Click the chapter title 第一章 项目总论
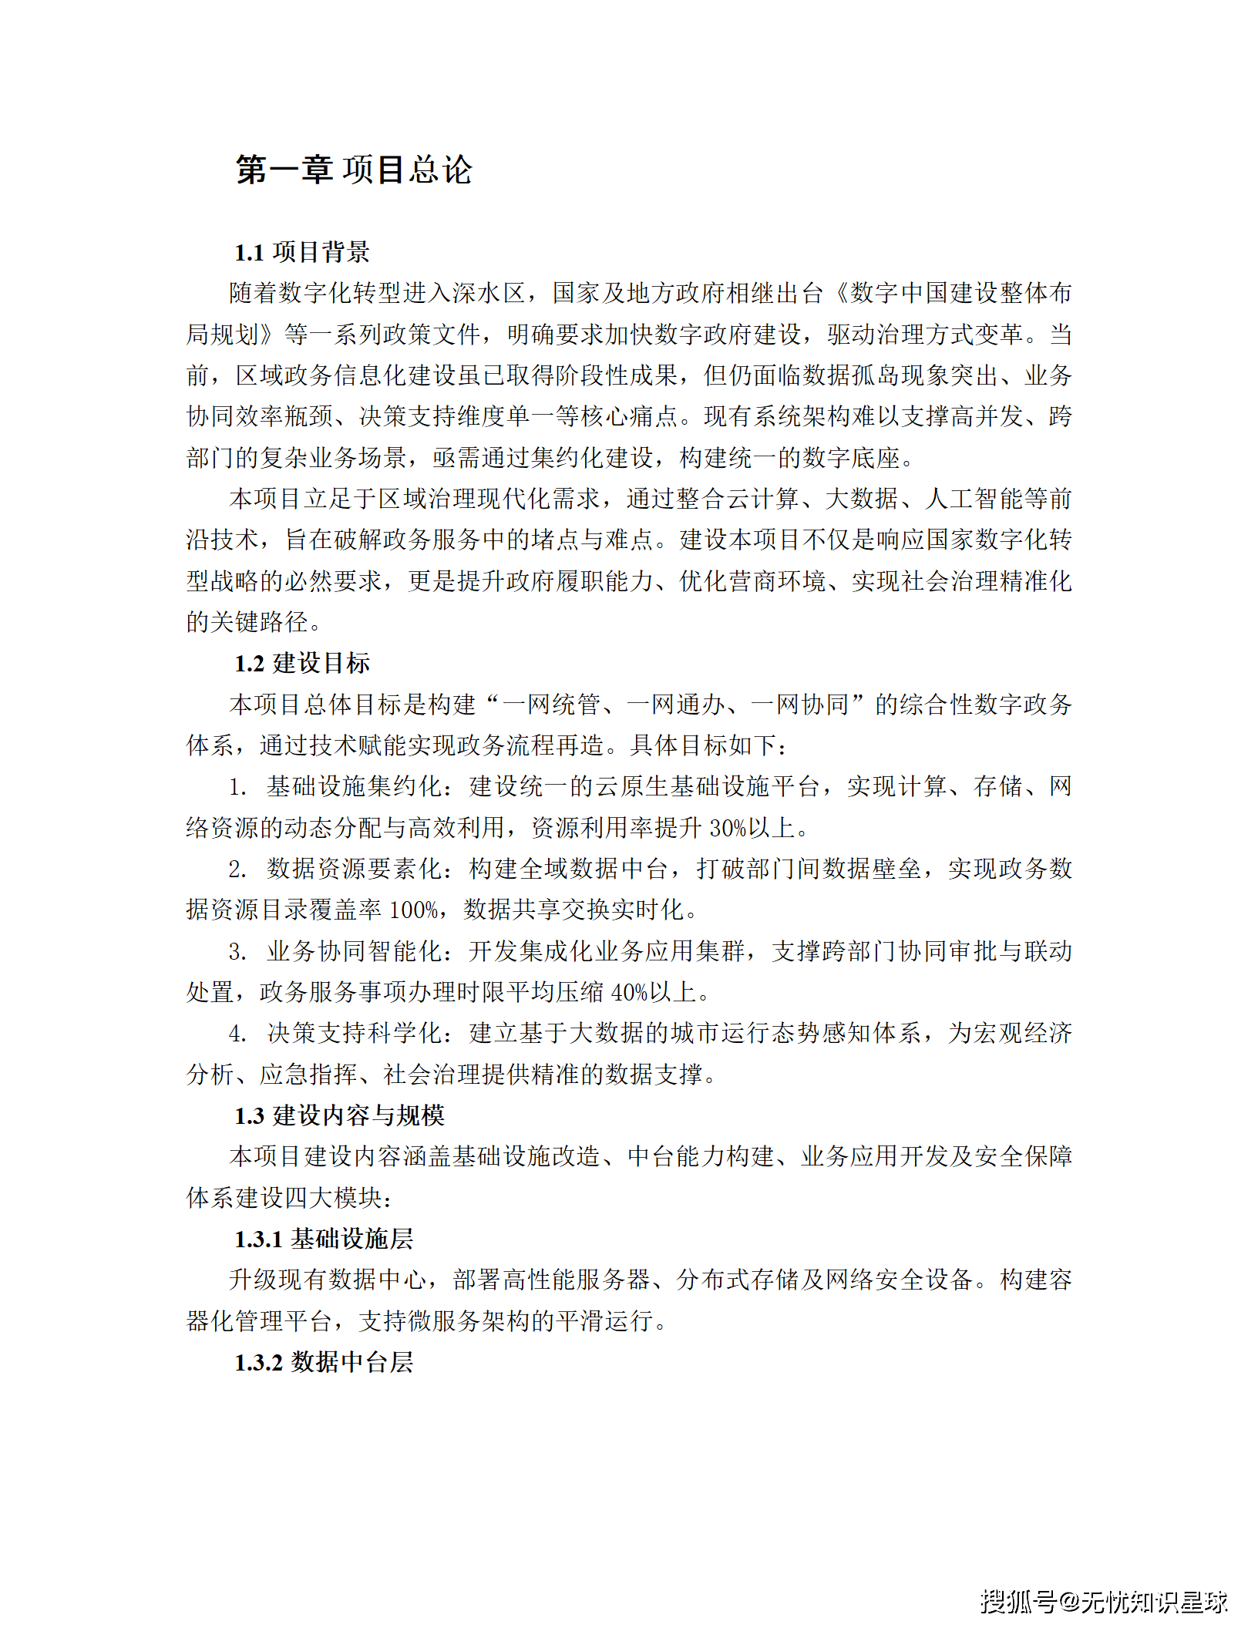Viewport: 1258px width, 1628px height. [x=354, y=170]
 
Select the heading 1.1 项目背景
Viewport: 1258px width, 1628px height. [x=302, y=252]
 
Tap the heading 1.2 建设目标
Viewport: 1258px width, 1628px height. [x=302, y=663]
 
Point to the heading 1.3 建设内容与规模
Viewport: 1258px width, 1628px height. [x=339, y=1115]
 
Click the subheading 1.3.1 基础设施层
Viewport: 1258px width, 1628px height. [x=324, y=1239]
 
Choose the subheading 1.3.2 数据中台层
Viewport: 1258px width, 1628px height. [x=324, y=1362]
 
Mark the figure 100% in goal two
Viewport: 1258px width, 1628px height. [x=414, y=910]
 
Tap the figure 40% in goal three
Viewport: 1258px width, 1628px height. [x=628, y=992]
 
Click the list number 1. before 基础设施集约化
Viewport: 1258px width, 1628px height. [x=237, y=787]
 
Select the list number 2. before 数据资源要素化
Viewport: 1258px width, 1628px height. [x=237, y=869]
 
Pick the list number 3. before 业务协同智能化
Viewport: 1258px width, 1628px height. [x=237, y=951]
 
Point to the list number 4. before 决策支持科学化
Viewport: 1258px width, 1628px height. [x=237, y=1034]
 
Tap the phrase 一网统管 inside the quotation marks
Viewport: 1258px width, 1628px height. [x=551, y=705]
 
